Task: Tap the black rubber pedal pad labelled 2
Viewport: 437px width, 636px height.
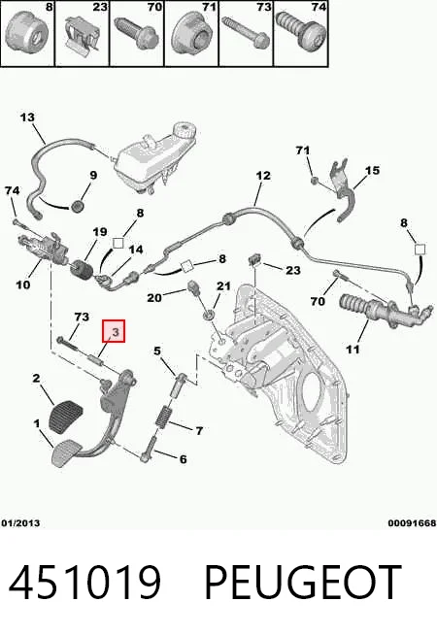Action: click(65, 417)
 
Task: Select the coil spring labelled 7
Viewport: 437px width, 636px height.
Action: click(163, 417)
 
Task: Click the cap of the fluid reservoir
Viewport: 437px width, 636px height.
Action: click(185, 131)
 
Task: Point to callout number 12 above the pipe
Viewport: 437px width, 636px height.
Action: click(263, 175)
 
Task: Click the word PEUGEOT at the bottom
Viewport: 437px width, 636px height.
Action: click(303, 583)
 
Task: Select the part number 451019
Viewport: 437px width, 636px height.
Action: click(84, 583)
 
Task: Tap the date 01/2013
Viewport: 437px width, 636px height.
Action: click(20, 522)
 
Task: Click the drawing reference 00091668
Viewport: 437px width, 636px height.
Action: click(412, 522)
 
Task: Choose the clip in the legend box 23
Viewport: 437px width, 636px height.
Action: click(83, 35)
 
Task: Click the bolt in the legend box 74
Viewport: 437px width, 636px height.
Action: click(301, 30)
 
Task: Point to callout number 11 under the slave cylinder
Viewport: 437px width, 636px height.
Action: click(353, 349)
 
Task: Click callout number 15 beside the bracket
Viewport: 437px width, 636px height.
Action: click(372, 170)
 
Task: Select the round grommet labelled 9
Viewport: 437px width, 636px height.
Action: click(77, 206)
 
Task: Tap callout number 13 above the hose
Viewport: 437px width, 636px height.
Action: click(27, 117)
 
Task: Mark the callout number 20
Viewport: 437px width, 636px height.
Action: click(154, 298)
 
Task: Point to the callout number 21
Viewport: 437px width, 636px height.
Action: click(223, 286)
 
